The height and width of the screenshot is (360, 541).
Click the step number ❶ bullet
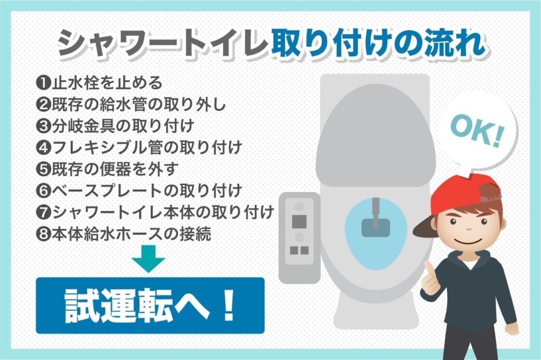(x=43, y=83)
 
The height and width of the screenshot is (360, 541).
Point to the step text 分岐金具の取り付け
(x=122, y=126)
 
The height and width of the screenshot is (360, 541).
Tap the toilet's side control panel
(x=299, y=235)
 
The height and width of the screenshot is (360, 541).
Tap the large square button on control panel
(x=300, y=218)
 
